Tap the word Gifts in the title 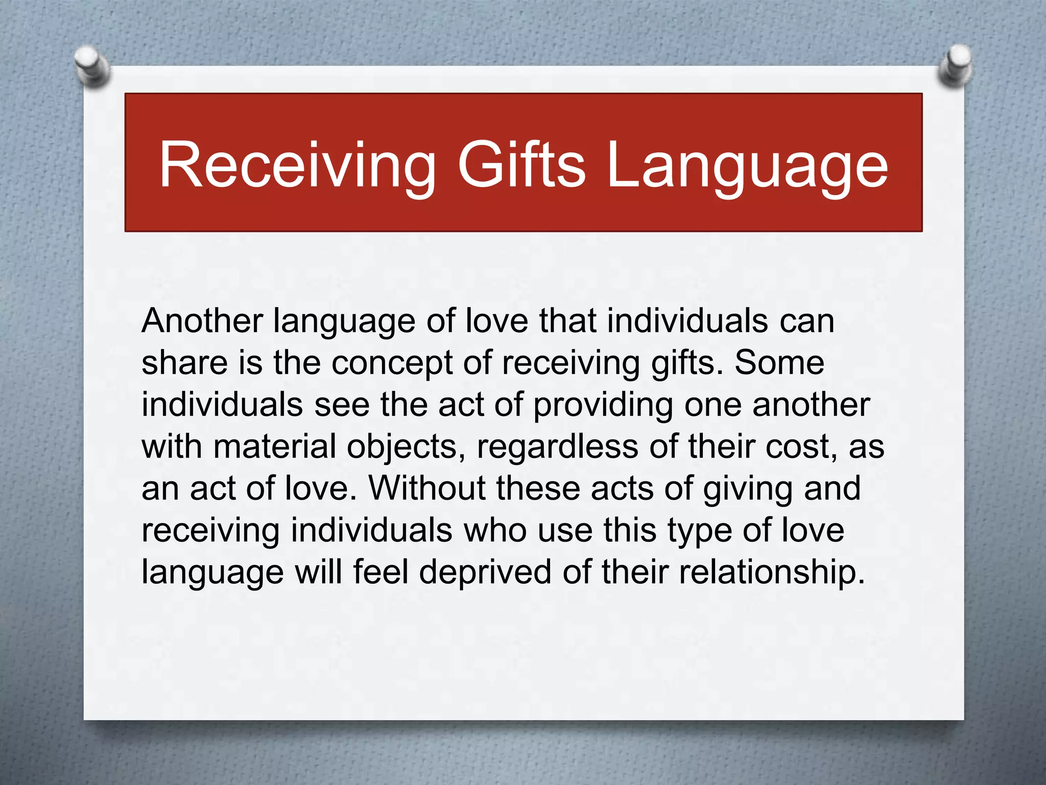pyautogui.click(x=521, y=165)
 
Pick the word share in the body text pyautogui.click(x=184, y=363)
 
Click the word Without pyautogui.click(x=426, y=489)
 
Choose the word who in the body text pyautogui.click(x=495, y=530)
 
